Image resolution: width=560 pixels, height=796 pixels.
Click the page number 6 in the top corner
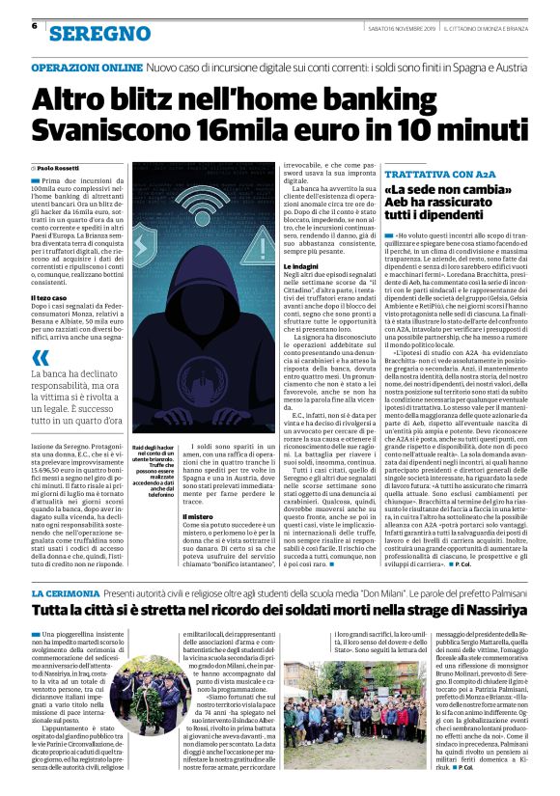click(34, 26)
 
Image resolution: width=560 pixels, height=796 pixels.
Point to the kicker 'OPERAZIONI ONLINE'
click(86, 69)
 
